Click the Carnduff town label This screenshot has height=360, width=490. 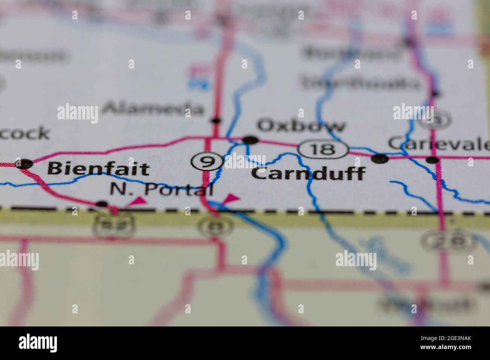308,174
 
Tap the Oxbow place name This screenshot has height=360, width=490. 301,126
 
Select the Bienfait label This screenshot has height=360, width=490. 99,169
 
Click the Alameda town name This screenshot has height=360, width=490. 153,108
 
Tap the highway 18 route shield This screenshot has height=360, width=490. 323,149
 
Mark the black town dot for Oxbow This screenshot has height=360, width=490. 250,140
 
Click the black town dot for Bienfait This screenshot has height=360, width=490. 24,163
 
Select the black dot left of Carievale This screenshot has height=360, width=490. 380,159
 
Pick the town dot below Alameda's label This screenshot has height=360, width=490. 216,121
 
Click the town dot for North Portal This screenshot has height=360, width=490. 102,204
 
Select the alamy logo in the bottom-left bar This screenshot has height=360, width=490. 38,343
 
